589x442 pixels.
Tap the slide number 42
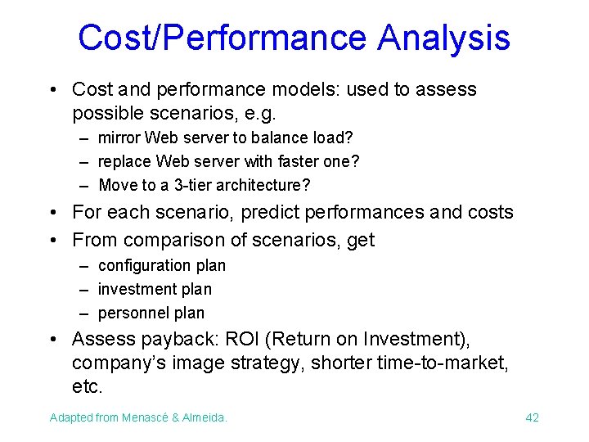click(532, 418)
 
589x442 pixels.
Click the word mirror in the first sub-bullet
click(119, 138)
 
